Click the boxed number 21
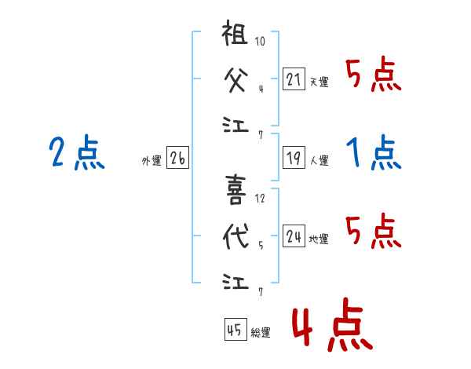[294, 79]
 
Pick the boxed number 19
[294, 158]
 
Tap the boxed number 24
[294, 236]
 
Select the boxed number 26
[177, 159]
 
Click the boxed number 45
[234, 330]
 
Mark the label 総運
[260, 333]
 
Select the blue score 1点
[374, 152]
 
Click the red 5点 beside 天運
[374, 75]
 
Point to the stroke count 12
[260, 198]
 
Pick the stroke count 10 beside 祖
[260, 42]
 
